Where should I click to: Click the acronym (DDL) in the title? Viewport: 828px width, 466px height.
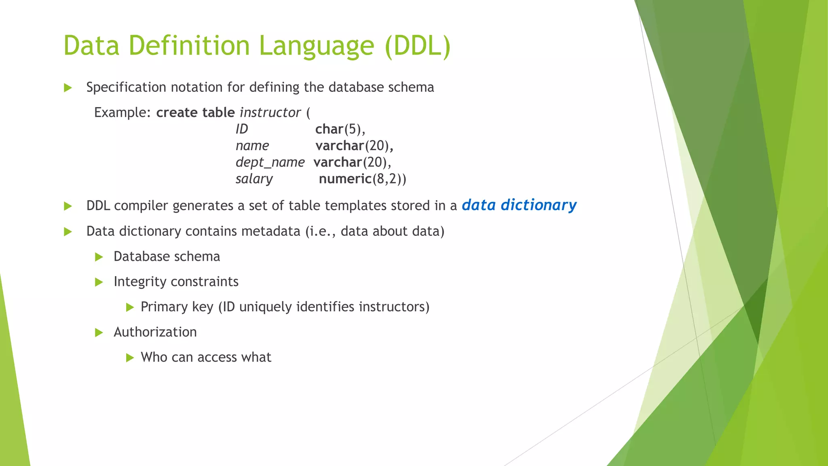pyautogui.click(x=417, y=45)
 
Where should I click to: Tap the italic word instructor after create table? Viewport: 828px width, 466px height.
pyautogui.click(x=270, y=112)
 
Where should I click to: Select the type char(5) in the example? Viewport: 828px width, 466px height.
pyautogui.click(x=340, y=129)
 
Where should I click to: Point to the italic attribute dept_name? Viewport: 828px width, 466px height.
pyautogui.click(x=270, y=162)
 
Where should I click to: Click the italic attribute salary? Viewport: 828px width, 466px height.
pyautogui.click(x=254, y=179)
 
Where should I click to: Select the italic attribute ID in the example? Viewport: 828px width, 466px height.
pyautogui.click(x=242, y=129)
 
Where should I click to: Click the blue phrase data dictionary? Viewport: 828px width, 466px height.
pyautogui.click(x=519, y=205)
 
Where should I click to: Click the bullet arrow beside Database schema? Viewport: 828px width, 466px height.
pyautogui.click(x=99, y=257)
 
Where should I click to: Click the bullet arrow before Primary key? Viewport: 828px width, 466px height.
pyautogui.click(x=130, y=307)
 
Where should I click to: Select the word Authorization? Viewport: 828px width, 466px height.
pyautogui.click(x=155, y=332)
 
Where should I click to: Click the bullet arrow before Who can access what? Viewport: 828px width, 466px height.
pyautogui.click(x=130, y=358)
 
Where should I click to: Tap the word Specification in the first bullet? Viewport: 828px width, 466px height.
pyautogui.click(x=126, y=87)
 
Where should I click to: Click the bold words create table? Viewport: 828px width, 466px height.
pyautogui.click(x=195, y=112)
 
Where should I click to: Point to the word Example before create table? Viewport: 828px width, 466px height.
pyautogui.click(x=122, y=112)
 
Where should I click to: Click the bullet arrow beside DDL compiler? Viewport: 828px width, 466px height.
pyautogui.click(x=68, y=206)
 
